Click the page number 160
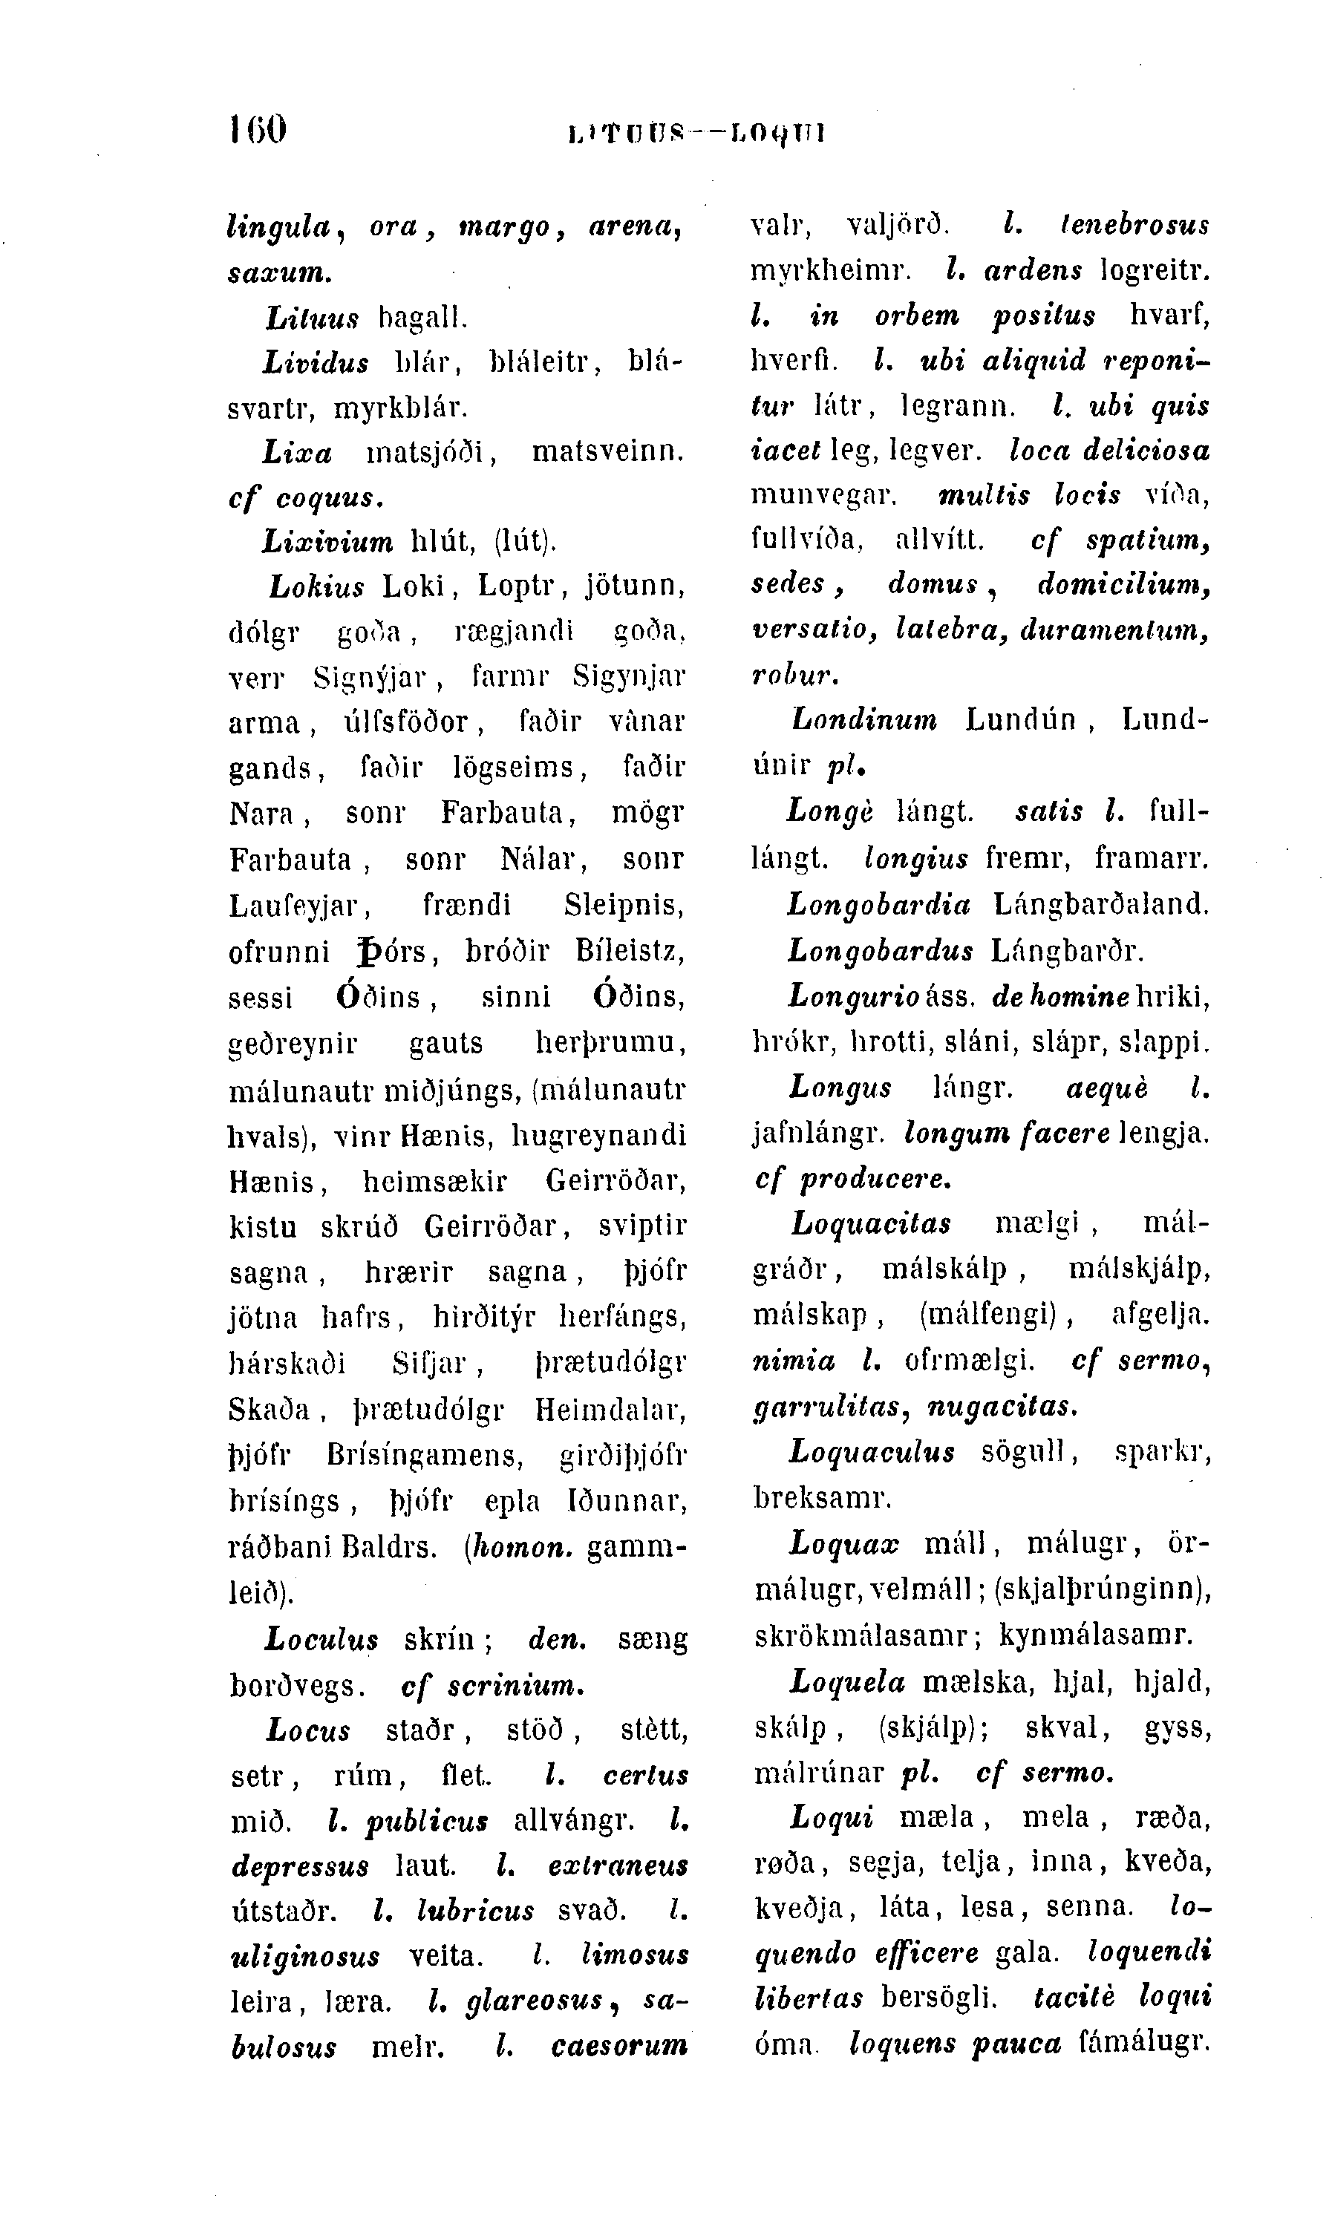click(x=258, y=130)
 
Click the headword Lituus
click(x=312, y=317)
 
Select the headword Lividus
click(x=316, y=363)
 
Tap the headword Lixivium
click(x=327, y=542)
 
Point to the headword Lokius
click(x=317, y=587)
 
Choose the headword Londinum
click(x=865, y=720)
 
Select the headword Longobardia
click(x=878, y=906)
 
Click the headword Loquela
click(x=848, y=1681)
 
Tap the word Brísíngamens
click(x=425, y=1455)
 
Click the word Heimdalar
click(x=611, y=1410)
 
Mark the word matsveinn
click(x=608, y=452)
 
